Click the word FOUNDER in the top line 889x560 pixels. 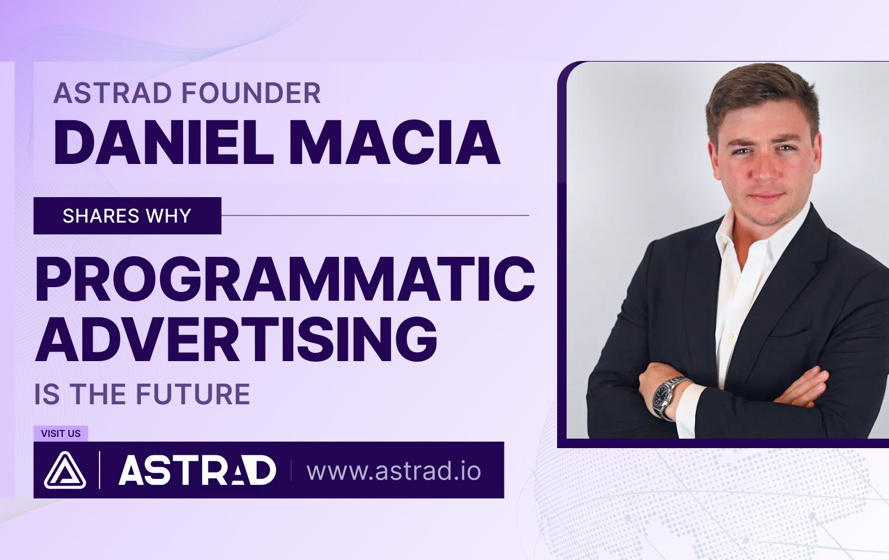(x=251, y=93)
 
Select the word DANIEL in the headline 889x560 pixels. (x=163, y=142)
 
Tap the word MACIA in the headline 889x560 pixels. (x=395, y=142)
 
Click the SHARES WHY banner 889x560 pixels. (x=127, y=215)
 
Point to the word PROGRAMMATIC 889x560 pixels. (x=285, y=279)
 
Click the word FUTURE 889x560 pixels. (x=193, y=394)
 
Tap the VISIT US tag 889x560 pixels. (x=60, y=433)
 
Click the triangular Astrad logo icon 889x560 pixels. (x=65, y=470)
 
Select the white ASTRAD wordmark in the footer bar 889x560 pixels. (x=197, y=470)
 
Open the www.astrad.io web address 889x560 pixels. (x=394, y=471)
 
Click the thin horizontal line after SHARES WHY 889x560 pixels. (x=375, y=215)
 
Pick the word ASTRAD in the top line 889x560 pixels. (x=113, y=93)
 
